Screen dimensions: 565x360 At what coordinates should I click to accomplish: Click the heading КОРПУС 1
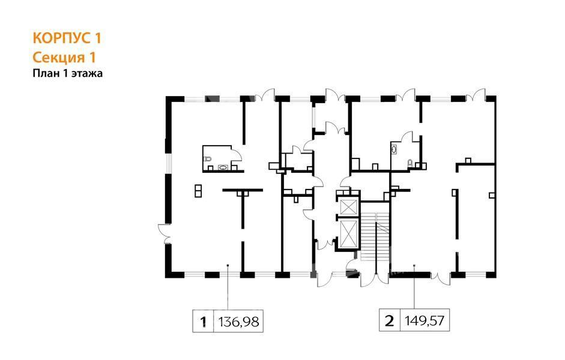pos(67,38)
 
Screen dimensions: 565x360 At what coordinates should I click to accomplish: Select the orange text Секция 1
pos(64,57)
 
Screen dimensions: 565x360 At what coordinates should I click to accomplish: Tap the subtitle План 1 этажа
pos(68,73)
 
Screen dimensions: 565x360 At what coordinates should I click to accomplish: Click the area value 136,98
pos(238,321)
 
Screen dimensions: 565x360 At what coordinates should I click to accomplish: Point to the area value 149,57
pos(425,320)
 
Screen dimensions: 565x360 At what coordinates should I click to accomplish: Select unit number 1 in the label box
pos(204,321)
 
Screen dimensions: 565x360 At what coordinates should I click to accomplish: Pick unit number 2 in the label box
pos(390,320)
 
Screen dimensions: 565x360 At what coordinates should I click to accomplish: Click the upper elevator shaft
pos(348,207)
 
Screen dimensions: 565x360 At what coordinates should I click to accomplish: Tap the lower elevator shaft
pos(348,233)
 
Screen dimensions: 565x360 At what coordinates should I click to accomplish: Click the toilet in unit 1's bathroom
pos(207,159)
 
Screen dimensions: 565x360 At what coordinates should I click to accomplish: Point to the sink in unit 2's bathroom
pos(394,149)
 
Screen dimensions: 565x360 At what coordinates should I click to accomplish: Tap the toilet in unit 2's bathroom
pos(410,164)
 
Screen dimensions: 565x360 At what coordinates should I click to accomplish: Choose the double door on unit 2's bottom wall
pos(440,278)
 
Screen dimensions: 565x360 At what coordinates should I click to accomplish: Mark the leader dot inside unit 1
pos(228,266)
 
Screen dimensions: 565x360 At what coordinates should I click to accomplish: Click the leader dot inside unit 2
pos(414,266)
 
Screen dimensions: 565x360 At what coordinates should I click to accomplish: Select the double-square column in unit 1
pos(198,191)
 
